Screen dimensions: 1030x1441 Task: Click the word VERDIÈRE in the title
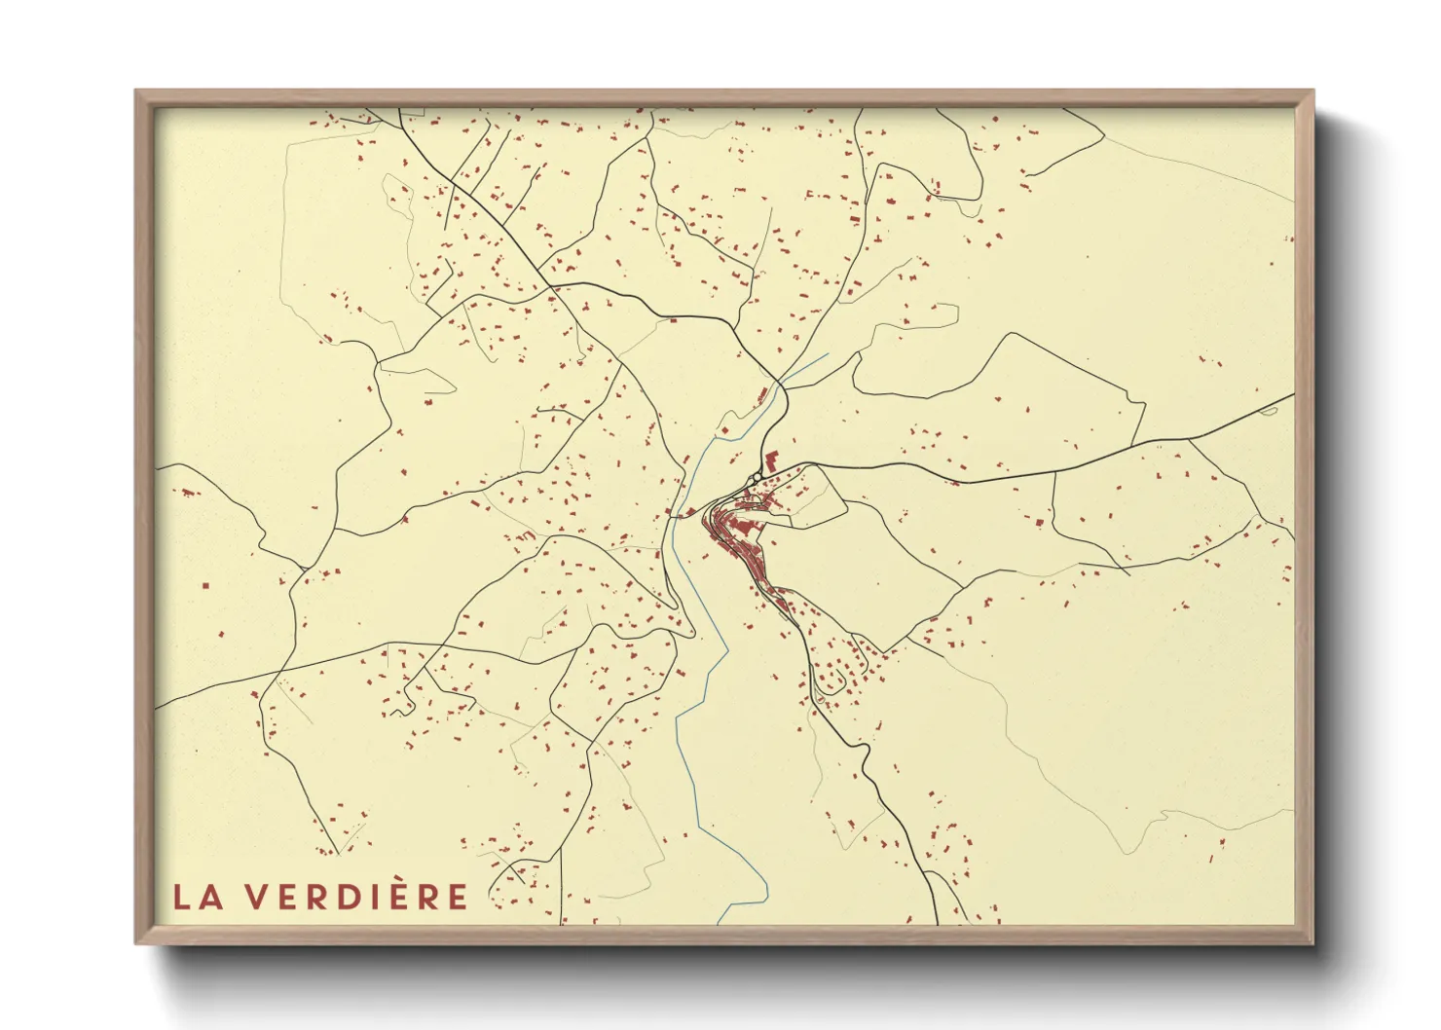coord(355,897)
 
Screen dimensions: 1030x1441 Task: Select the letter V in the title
coord(254,897)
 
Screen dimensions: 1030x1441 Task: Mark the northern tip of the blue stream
coord(827,354)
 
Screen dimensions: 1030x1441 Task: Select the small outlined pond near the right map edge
coord(1267,412)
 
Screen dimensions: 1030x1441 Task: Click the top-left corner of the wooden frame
coord(136,92)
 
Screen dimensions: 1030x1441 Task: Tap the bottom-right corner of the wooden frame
coord(1312,943)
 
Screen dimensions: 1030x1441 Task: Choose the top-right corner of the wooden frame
coord(1312,92)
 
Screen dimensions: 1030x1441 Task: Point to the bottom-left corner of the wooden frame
coord(136,943)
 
